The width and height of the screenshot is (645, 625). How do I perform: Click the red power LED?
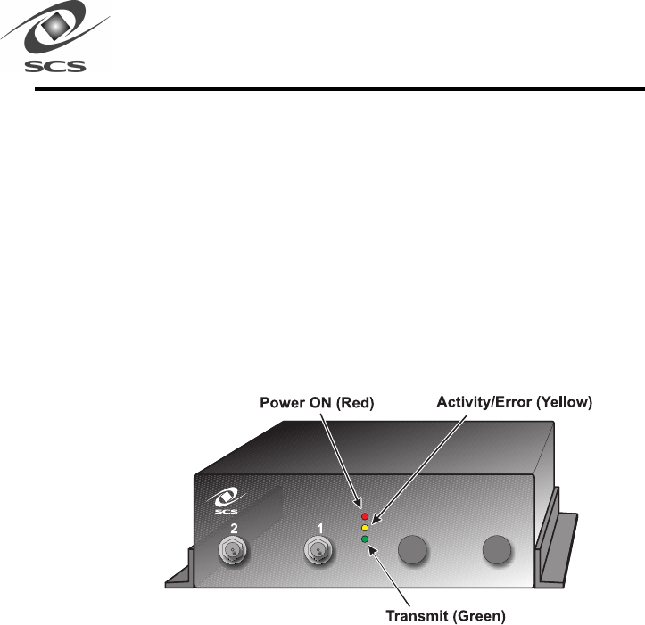tap(363, 516)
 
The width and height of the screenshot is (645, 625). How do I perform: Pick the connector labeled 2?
tap(233, 552)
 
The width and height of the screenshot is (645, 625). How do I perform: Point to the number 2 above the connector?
tap(234, 528)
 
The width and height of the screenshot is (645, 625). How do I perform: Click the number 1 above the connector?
tap(315, 528)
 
